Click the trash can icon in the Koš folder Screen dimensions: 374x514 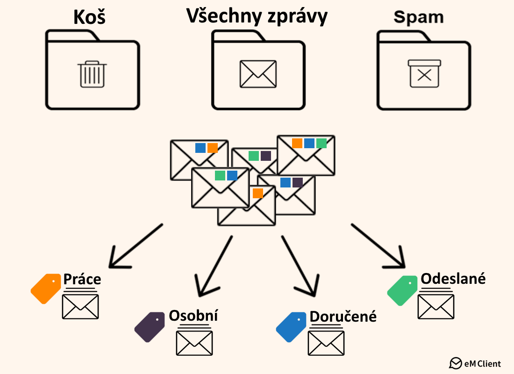pos(93,74)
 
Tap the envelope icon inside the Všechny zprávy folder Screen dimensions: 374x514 pos(258,74)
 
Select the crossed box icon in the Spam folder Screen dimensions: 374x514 pos(424,73)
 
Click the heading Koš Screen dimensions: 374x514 pos(90,18)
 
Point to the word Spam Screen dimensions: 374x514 pos(418,18)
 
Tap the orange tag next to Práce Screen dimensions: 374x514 pos(46,288)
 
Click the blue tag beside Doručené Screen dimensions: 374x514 pos(291,327)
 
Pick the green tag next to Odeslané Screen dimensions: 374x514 pos(402,290)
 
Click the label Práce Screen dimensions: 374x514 pos(82,279)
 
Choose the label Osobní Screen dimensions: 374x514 pos(193,316)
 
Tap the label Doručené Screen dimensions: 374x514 pos(343,316)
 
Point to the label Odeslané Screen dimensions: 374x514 pos(453,279)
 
